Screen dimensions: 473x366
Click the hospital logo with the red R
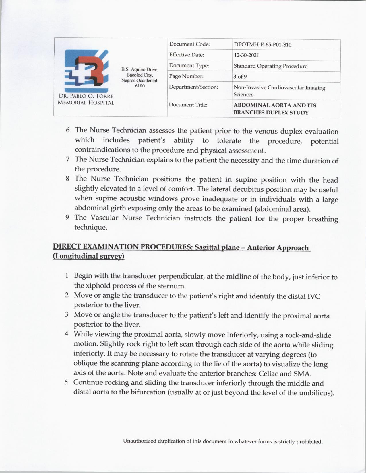click(x=86, y=70)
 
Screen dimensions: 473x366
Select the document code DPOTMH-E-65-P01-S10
click(x=263, y=45)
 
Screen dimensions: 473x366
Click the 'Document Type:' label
click(x=189, y=66)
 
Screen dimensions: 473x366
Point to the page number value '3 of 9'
click(x=240, y=77)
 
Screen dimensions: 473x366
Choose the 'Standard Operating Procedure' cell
click(x=270, y=66)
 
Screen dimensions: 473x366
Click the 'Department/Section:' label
click(x=193, y=87)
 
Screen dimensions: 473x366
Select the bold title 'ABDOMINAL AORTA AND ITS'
click(x=275, y=105)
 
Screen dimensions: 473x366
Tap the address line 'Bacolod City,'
click(x=140, y=75)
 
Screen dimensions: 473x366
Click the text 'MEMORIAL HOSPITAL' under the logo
click(x=86, y=103)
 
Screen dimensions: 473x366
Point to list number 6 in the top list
click(x=68, y=130)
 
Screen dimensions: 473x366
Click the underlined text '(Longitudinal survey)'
click(x=88, y=256)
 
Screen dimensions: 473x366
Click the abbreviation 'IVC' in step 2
click(x=313, y=296)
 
